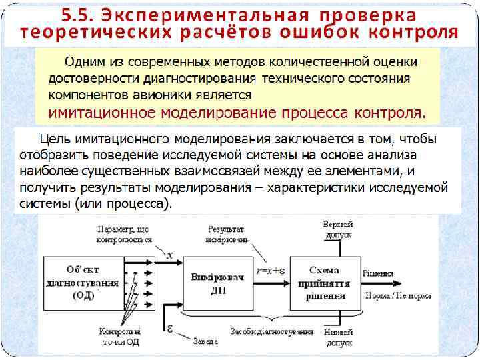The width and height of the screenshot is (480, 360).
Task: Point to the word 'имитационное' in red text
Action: click(94, 111)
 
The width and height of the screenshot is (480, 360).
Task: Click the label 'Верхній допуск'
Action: click(337, 229)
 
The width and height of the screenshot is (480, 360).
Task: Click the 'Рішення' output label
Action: click(377, 273)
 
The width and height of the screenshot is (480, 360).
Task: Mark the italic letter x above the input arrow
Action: click(170, 255)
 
